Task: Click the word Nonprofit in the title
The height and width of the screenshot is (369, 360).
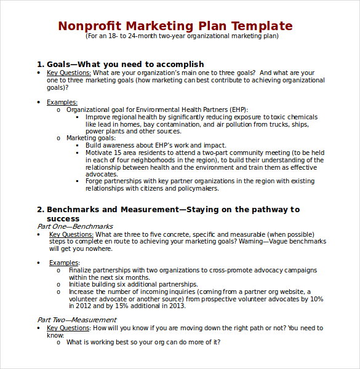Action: pyautogui.click(x=89, y=26)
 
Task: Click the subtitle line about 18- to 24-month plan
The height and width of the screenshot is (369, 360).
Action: pyautogui.click(x=182, y=36)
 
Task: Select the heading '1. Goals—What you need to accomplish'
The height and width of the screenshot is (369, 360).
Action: pyautogui.click(x=121, y=64)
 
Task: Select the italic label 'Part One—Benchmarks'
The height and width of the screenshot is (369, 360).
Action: pyautogui.click(x=75, y=227)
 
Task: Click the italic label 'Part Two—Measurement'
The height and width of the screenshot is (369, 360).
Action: pyautogui.click(x=76, y=320)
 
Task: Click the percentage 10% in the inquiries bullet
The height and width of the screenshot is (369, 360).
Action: pyautogui.click(x=316, y=299)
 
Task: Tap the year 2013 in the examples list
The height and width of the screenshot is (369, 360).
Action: pyautogui.click(x=178, y=306)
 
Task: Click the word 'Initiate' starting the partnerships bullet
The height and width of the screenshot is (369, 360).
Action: pyautogui.click(x=80, y=284)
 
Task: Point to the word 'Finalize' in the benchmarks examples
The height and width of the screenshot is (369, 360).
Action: pyautogui.click(x=82, y=270)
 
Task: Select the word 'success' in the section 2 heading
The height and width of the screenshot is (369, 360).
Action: pyautogui.click(x=63, y=218)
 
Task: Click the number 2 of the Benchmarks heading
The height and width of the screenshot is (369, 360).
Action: pyautogui.click(x=39, y=210)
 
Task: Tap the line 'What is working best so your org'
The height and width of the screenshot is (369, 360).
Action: pyautogui.click(x=143, y=343)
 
